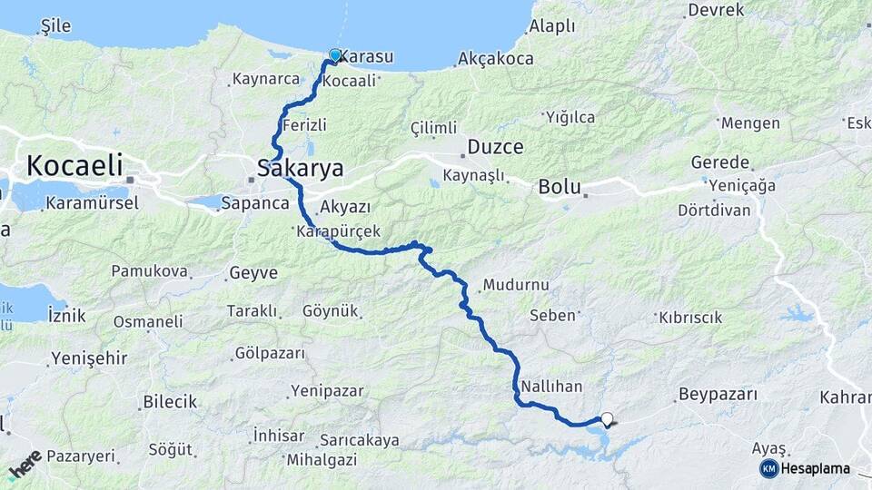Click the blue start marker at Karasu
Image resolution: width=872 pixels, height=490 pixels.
335,55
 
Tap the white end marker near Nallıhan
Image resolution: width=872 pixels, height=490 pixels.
607,418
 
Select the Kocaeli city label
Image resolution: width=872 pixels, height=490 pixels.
74,166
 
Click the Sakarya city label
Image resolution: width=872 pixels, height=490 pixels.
301,169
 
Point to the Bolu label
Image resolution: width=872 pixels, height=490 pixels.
560,188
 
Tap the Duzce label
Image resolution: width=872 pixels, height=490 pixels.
496,147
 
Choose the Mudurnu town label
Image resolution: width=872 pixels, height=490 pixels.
516,285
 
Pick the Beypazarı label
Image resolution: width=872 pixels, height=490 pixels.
717,396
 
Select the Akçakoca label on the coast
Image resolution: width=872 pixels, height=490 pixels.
496,58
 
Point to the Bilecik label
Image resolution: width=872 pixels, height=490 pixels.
170,402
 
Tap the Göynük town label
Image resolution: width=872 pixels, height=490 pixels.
331,310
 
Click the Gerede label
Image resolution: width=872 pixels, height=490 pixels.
720,162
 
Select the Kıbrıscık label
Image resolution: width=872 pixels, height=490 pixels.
689,318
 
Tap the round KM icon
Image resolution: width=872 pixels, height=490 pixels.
769,468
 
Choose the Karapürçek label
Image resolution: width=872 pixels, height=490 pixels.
338,232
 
